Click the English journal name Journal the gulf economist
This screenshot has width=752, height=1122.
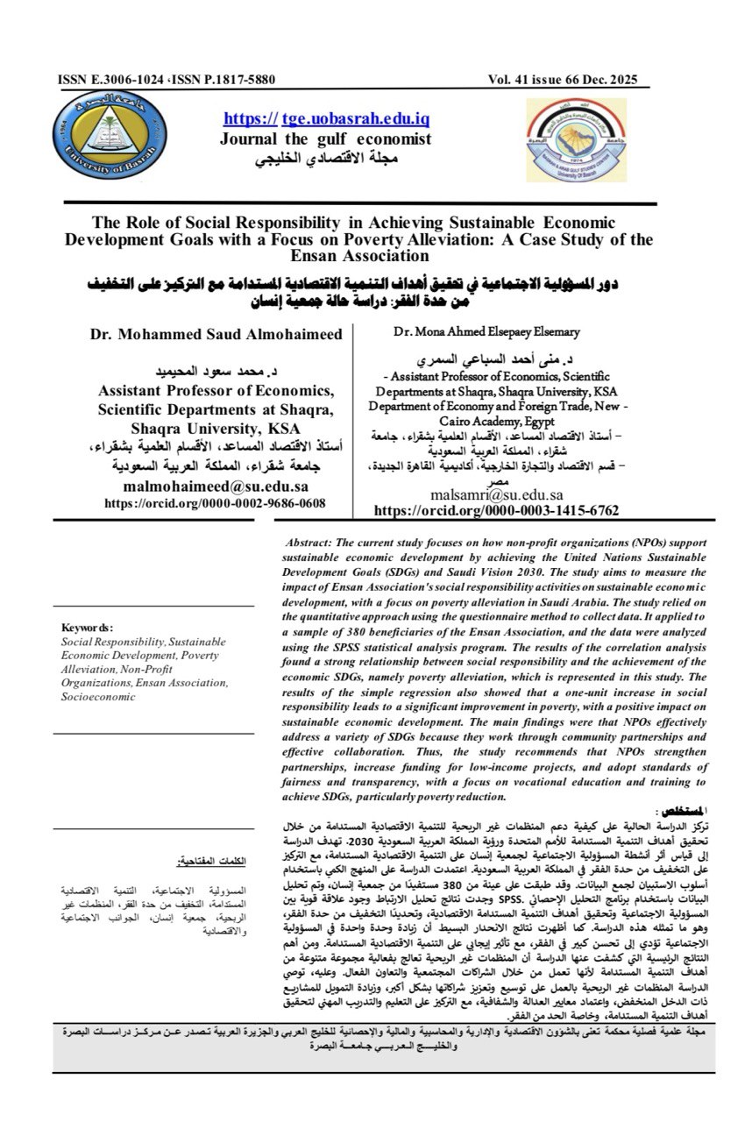click(x=325, y=138)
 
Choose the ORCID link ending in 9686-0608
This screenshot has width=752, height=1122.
click(x=215, y=503)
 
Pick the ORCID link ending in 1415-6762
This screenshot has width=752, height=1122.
click(x=496, y=510)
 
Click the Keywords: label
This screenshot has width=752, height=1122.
click(x=87, y=628)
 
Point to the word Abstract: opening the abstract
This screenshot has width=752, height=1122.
click(x=312, y=543)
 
